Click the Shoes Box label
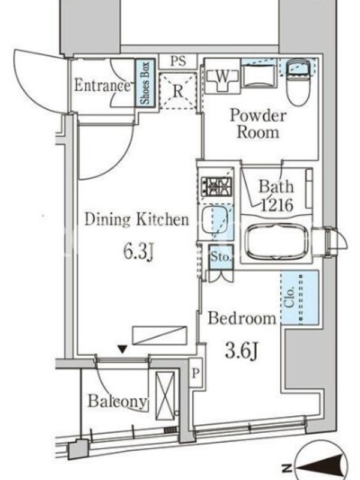(x=145, y=83)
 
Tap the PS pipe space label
(x=178, y=61)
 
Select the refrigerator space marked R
(x=178, y=91)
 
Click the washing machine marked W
(x=223, y=79)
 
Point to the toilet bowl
(x=298, y=83)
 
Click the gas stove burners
(x=216, y=186)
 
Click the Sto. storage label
(x=221, y=257)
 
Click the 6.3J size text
(x=138, y=251)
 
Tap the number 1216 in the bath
(x=277, y=205)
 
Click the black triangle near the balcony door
(x=123, y=349)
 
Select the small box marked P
(x=196, y=373)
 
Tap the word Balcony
(x=117, y=401)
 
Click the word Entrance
(x=102, y=85)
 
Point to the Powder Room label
(x=258, y=124)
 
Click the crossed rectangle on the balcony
(x=165, y=396)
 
